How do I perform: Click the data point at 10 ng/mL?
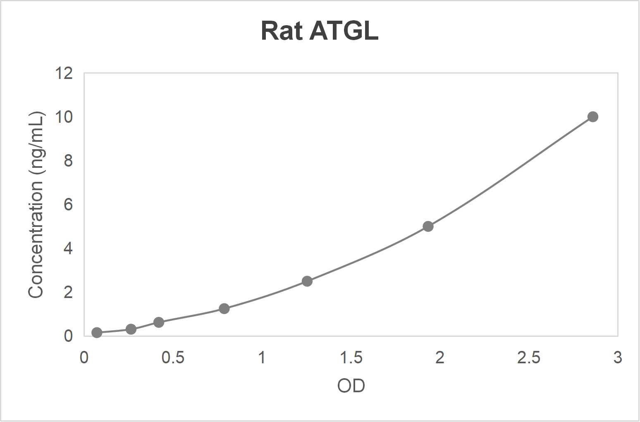click(592, 117)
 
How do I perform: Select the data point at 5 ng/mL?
click(428, 226)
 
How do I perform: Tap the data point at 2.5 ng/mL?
click(307, 281)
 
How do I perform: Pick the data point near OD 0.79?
click(224, 309)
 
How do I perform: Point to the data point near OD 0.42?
click(159, 322)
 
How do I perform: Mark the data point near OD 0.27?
click(131, 329)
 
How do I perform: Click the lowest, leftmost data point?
click(97, 333)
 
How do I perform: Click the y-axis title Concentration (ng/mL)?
click(36, 205)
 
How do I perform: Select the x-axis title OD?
click(351, 386)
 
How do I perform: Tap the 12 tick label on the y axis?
click(64, 74)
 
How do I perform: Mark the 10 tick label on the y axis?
click(64, 117)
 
